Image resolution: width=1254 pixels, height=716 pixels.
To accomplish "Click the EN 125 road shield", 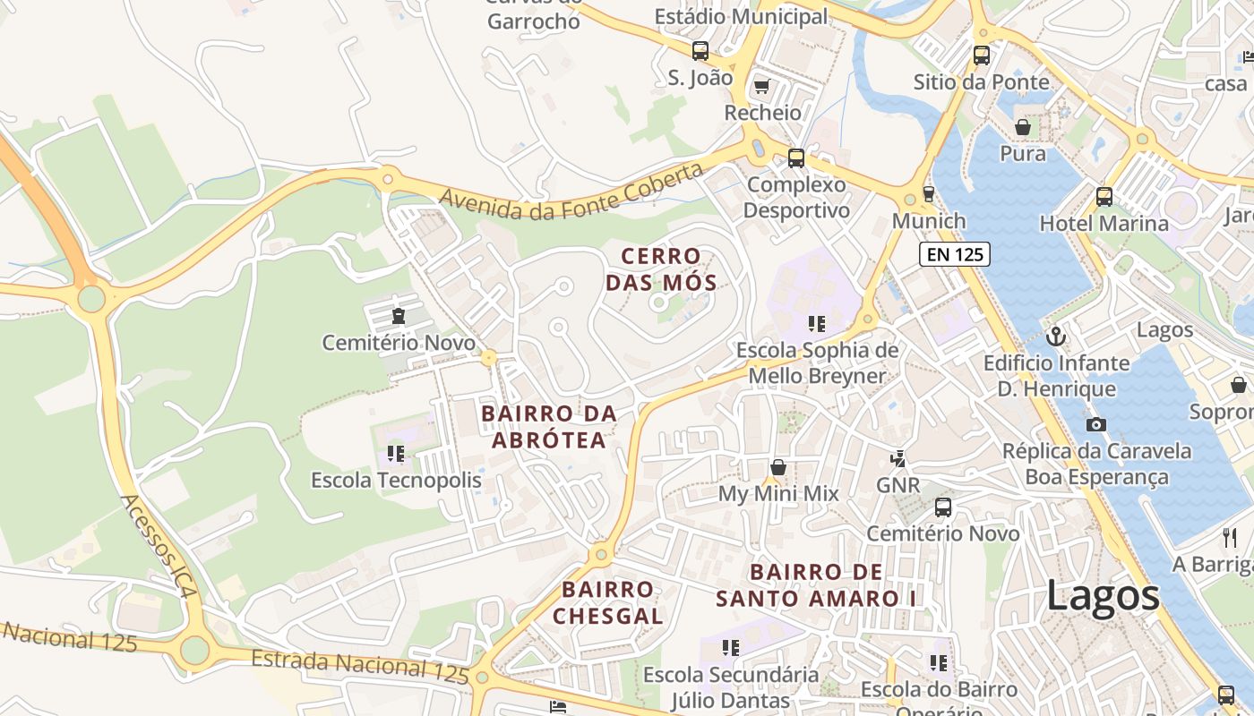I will [x=955, y=254].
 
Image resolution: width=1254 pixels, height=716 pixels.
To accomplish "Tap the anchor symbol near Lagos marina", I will [x=1056, y=337].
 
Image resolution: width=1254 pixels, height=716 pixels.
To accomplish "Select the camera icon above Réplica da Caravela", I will [x=1095, y=424].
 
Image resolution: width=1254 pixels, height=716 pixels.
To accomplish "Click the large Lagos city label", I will [x=1103, y=596].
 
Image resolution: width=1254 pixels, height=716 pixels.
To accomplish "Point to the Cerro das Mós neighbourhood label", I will [x=661, y=269].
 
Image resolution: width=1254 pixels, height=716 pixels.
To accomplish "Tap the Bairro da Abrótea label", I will [x=549, y=427].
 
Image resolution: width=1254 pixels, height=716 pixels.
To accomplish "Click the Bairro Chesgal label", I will [x=607, y=602].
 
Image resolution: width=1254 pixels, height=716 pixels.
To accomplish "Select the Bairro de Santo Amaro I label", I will [x=815, y=585].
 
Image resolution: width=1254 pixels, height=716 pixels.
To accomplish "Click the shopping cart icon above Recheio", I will [x=761, y=86].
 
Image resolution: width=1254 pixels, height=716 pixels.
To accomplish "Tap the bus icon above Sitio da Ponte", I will [x=982, y=55].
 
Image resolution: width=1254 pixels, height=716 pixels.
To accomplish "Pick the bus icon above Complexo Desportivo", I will [x=795, y=158].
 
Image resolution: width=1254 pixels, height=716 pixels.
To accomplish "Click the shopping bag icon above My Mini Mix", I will [x=778, y=467].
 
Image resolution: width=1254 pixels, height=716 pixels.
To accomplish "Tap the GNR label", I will [x=898, y=485].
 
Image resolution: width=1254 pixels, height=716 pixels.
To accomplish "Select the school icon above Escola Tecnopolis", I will [x=395, y=454].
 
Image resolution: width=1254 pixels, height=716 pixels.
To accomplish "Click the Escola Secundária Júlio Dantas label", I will [x=731, y=686].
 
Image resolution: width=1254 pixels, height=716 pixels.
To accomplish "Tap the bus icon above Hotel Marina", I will [x=1104, y=197].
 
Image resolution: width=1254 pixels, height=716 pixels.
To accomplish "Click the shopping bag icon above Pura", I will [x=1022, y=127].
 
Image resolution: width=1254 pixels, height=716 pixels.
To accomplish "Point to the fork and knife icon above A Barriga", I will [x=1230, y=537].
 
